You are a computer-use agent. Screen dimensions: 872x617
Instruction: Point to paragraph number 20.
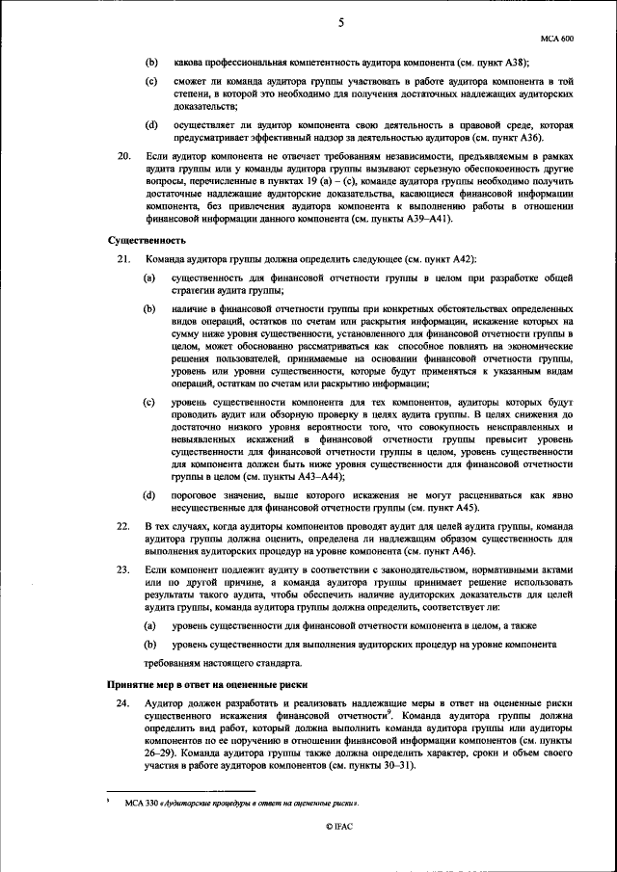pyautogui.click(x=122, y=154)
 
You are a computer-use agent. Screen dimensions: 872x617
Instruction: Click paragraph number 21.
pyautogui.click(x=122, y=260)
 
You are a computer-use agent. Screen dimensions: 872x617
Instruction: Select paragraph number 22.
pyautogui.click(x=122, y=526)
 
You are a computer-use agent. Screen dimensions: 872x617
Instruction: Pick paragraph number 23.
pyautogui.click(x=122, y=570)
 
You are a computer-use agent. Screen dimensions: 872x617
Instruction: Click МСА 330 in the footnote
pyautogui.click(x=141, y=802)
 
